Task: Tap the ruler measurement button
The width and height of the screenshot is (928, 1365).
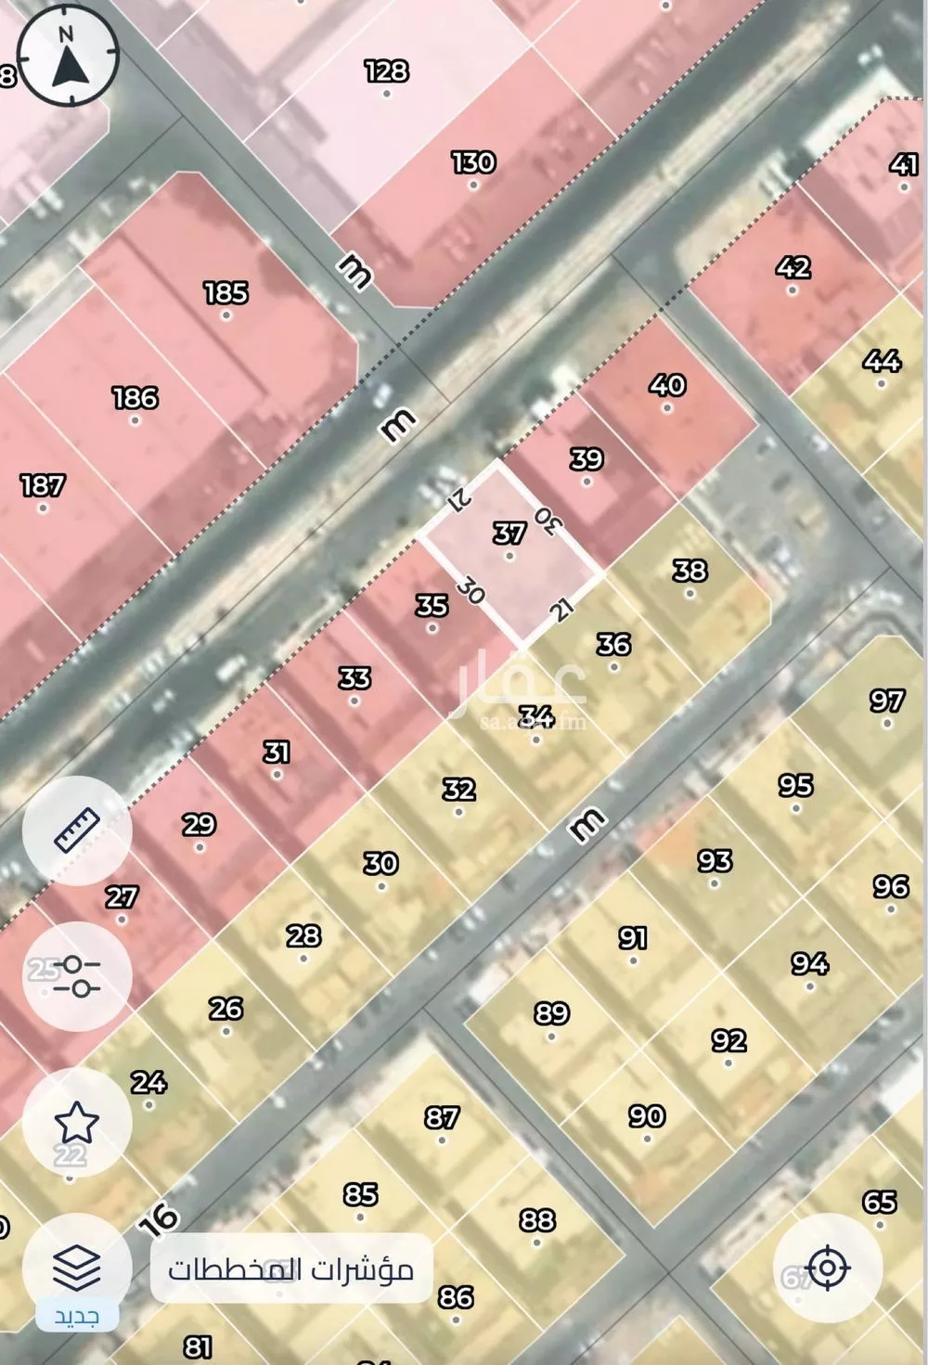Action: (x=77, y=831)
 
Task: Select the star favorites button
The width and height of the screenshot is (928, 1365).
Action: (x=77, y=1123)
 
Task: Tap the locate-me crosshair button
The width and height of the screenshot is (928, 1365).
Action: (x=827, y=1268)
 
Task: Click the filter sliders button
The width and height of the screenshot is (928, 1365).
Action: (x=77, y=976)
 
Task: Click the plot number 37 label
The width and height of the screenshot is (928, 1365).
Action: (x=509, y=534)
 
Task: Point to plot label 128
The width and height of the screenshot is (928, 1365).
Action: (x=386, y=71)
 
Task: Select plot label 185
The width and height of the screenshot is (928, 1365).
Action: (x=226, y=293)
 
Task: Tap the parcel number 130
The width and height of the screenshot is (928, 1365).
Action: (x=473, y=162)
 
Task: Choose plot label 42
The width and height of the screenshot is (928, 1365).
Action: (x=793, y=267)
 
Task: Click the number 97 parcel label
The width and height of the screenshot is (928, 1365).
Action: (x=887, y=701)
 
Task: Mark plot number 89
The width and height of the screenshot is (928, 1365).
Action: (x=552, y=1012)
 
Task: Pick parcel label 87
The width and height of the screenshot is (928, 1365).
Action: (x=442, y=1117)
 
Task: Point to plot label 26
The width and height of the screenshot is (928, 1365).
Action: (x=226, y=1008)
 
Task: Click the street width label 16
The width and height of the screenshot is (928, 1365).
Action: (x=159, y=1219)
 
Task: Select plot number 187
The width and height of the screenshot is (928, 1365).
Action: (x=43, y=485)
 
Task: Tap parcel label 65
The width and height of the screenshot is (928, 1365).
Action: (x=879, y=1203)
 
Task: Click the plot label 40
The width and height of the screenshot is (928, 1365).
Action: (x=667, y=384)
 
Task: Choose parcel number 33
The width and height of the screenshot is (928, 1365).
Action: (x=354, y=678)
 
